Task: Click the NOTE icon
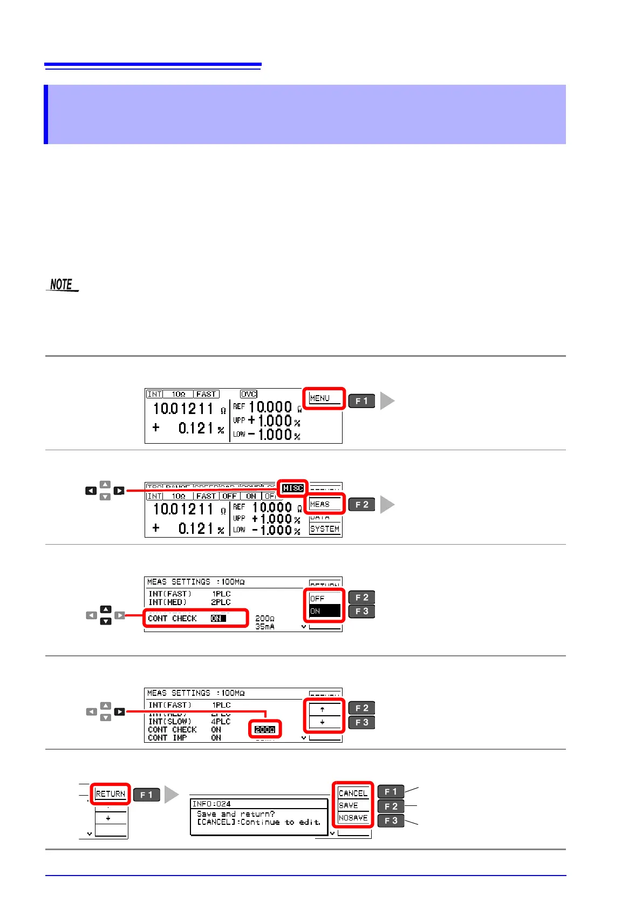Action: coord(62,284)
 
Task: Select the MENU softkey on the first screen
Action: coord(320,398)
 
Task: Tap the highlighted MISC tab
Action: coord(293,488)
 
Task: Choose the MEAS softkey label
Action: coord(320,504)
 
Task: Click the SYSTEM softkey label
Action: coord(325,529)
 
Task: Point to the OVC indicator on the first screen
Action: coord(249,394)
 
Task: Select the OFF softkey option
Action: coord(318,598)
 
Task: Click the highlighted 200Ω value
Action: coord(264,729)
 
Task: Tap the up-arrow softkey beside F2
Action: coord(323,709)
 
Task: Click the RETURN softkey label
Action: coord(111,794)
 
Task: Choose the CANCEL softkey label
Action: coord(353,793)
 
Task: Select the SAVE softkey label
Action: coord(349,805)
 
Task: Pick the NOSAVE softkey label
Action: coord(353,818)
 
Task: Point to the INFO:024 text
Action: coord(211,804)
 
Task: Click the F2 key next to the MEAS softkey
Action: coord(361,504)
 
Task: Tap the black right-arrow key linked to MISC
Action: coord(119,491)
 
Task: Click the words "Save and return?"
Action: coord(236,814)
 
